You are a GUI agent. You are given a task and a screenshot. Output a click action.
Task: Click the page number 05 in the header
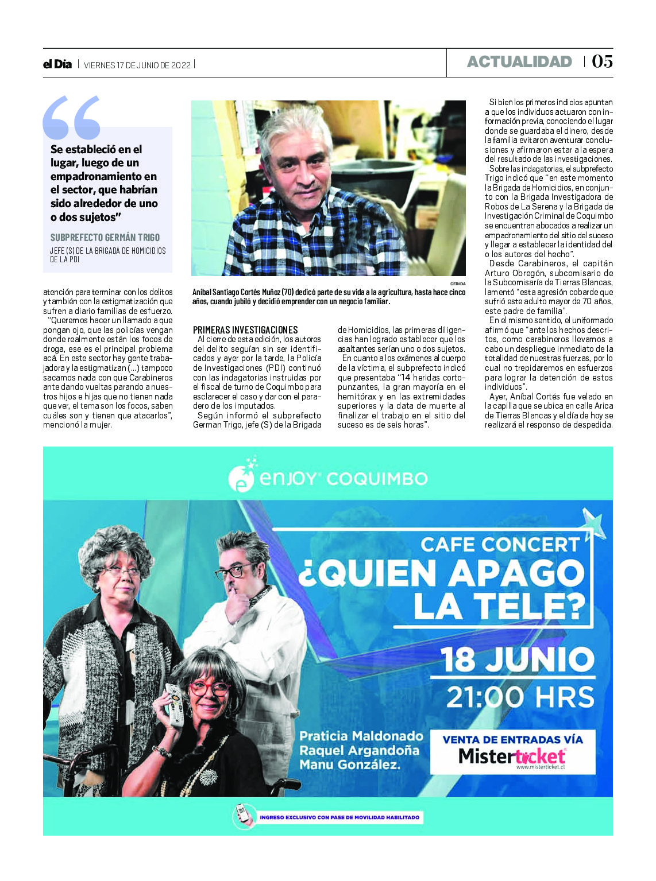(602, 61)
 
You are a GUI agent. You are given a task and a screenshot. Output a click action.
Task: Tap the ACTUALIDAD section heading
(519, 62)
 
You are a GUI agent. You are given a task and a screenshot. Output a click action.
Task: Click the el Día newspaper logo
(57, 64)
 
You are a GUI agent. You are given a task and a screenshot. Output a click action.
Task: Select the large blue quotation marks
(71, 118)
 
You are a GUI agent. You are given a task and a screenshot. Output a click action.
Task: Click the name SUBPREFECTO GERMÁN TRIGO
(105, 237)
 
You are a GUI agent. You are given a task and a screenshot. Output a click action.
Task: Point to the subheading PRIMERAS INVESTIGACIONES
(245, 330)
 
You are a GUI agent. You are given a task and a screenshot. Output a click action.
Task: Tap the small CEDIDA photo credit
(458, 284)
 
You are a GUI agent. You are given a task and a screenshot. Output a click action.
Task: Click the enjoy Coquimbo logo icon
(242, 476)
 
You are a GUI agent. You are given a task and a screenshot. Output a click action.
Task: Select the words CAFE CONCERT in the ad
(500, 544)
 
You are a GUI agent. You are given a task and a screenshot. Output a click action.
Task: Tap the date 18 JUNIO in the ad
(517, 659)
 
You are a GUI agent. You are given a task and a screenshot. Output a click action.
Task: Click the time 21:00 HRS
(520, 697)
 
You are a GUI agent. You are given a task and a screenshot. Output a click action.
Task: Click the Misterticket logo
(512, 756)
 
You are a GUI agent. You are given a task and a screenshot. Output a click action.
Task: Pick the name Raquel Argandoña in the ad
(359, 750)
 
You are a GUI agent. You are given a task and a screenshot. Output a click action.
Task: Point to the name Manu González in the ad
(349, 764)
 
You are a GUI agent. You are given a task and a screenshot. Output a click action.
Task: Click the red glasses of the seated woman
(210, 687)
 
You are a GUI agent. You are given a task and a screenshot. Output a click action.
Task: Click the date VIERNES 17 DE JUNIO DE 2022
(137, 65)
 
